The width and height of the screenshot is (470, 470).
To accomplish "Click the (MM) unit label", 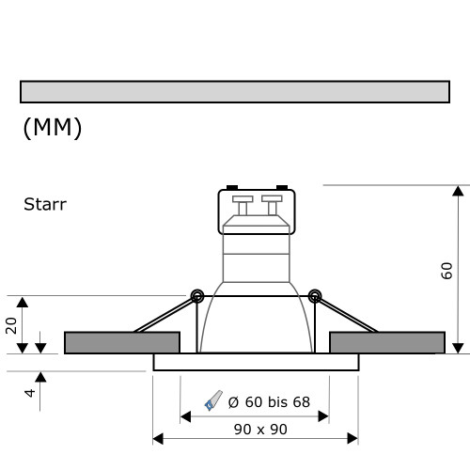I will coord(52,129).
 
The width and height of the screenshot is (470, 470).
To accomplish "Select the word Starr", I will coord(45,203).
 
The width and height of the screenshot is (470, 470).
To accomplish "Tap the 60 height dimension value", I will coord(447,271).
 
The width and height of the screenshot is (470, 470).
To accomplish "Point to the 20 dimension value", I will coord(12,325).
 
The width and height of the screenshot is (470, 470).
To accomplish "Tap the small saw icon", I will coord(213,402).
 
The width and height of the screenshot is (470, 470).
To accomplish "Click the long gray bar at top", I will coord(234,91).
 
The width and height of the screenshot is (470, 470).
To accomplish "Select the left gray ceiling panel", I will coord(121,342).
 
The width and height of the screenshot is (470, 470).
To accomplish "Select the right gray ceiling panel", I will coord(387,342).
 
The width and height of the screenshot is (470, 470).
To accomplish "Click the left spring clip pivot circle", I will coord(197,296).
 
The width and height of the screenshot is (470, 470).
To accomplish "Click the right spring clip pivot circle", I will coord(315,296).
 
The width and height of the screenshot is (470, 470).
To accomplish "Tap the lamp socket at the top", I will coord(257,211).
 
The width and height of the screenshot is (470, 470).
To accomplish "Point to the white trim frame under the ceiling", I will coord(256,362).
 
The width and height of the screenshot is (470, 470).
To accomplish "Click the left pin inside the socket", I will coord(242,205).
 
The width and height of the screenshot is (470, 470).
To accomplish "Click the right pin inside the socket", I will coord(272,205).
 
